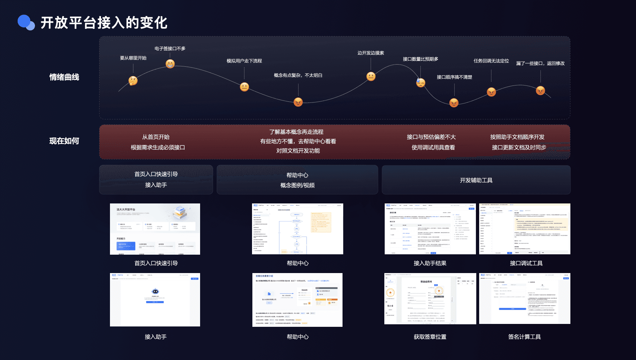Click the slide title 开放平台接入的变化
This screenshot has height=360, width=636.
point(104,23)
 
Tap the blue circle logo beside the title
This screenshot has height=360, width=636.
point(26,22)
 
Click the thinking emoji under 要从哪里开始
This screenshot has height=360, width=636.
point(133,81)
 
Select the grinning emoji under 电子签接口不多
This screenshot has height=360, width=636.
point(170,64)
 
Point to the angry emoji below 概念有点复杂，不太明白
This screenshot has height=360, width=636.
point(298,102)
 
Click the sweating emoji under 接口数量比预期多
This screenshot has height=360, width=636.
point(421,83)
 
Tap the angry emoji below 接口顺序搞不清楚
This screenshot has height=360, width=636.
point(454,103)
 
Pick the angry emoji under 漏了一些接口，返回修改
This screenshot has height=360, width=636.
point(540,91)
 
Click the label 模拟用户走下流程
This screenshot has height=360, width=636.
point(244,61)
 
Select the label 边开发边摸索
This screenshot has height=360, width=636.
point(371,53)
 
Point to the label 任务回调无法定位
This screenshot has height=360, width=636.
point(491,61)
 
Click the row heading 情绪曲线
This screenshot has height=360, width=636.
point(64,77)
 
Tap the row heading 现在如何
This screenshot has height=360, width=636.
point(64,141)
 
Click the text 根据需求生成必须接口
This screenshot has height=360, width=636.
point(158,148)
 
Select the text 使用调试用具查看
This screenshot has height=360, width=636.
point(433,148)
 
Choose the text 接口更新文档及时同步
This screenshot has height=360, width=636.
point(519,148)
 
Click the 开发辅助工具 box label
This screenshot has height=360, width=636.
point(476,180)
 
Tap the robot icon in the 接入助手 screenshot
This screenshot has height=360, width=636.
point(155,291)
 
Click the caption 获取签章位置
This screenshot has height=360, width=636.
point(430,337)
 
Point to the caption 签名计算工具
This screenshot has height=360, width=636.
point(524,337)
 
